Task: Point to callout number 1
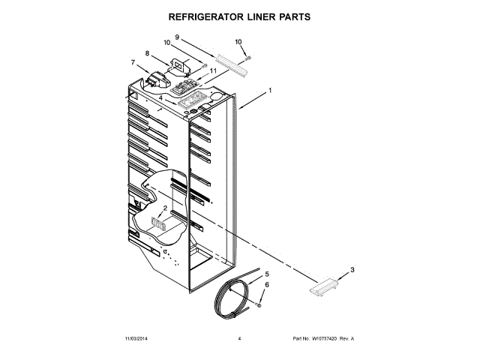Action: click(270, 91)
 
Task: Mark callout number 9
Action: click(177, 37)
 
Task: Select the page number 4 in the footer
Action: click(239, 339)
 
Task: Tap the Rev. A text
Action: click(346, 339)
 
